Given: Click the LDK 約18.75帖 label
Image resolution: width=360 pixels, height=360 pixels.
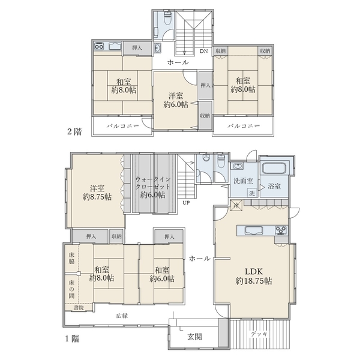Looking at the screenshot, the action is click(254, 276).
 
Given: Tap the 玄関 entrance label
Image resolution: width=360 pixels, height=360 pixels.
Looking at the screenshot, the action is click(194, 337).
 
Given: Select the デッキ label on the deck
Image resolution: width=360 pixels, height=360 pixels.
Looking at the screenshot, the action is click(259, 334).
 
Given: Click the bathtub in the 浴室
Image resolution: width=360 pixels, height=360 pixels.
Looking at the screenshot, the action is click(274, 169).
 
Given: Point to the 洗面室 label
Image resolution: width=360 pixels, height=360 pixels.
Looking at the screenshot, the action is click(244, 181).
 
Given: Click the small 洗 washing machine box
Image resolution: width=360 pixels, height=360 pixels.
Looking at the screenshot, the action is click(252, 193).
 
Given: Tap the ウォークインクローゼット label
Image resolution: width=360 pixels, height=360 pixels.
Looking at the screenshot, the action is click(153, 183).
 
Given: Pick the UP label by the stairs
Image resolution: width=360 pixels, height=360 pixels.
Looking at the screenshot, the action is click(186, 203).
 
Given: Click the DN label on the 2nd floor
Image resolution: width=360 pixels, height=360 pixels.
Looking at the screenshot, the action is click(203, 51).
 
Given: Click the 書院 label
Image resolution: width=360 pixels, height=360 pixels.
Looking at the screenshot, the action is click(79, 308).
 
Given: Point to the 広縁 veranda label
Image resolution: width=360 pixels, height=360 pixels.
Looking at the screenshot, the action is click(122, 316).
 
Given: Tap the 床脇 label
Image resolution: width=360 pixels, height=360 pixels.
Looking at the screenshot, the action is click(71, 258).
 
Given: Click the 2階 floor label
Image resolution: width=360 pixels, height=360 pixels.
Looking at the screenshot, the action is click(74, 131).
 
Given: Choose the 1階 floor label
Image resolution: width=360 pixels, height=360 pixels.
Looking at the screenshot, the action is click(73, 338).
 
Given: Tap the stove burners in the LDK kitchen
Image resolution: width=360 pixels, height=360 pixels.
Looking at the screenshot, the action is click(281, 230).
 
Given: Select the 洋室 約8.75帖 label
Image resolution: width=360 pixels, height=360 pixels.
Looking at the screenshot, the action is click(97, 193).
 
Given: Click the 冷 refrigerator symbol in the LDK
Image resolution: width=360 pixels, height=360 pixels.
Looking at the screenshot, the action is click(236, 205).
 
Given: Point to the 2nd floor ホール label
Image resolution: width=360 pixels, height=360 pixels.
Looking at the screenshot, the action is click(178, 62).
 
